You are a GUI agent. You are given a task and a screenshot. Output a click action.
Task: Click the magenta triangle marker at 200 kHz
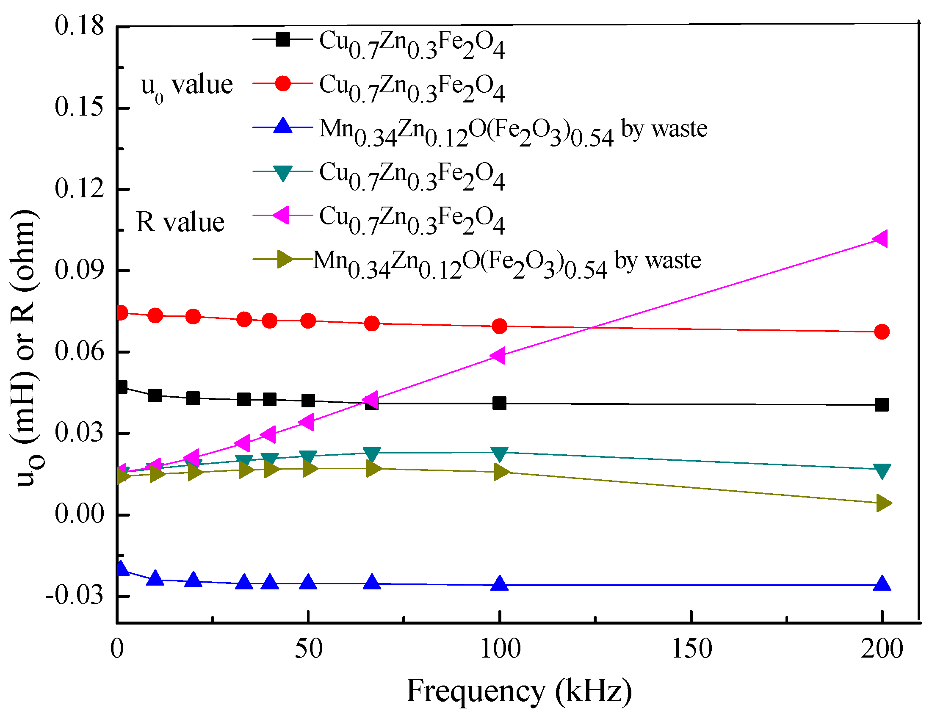tap(880, 239)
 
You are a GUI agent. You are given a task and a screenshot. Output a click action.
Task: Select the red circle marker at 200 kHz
tap(882, 332)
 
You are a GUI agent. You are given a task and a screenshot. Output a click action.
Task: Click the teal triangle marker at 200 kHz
tap(882, 470)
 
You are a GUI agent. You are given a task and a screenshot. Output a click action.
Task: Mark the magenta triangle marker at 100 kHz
tap(498, 355)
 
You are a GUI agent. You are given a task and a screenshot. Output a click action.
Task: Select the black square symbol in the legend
tap(282, 39)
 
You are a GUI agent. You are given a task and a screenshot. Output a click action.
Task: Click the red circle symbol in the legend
tap(282, 83)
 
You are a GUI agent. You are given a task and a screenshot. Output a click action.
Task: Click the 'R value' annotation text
tap(180, 222)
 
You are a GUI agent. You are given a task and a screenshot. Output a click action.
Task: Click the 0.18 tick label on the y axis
tap(79, 25)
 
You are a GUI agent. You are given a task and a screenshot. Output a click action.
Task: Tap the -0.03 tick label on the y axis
tap(75, 595)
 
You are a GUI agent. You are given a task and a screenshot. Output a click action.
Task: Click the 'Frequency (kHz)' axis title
tap(519, 691)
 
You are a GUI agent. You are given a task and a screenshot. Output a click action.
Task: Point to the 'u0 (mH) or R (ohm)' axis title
tap(25, 348)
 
